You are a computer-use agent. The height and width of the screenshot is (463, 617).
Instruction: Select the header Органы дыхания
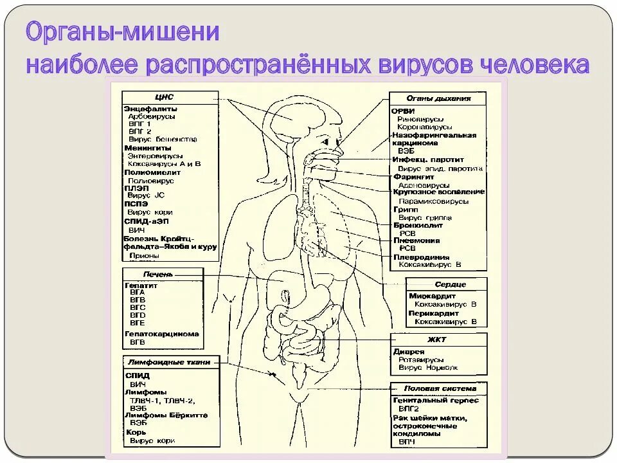tap(438, 98)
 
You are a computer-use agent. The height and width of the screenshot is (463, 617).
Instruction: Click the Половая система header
tap(440, 388)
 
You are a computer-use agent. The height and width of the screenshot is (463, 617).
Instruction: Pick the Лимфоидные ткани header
tap(169, 362)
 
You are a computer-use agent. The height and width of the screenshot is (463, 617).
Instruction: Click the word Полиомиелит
tap(152, 172)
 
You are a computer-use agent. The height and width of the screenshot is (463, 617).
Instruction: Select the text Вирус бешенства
tap(163, 139)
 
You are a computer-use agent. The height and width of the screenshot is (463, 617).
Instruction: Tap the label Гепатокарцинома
tap(161, 334)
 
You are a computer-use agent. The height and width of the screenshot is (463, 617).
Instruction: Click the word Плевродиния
tap(421, 257)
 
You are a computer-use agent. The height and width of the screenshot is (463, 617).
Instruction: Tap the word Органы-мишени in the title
tap(123, 34)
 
